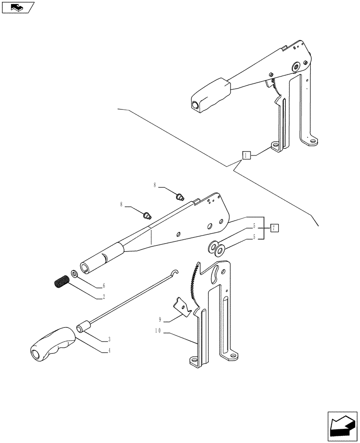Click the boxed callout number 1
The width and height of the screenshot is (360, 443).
click(247, 155)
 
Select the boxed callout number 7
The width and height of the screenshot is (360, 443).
click(274, 228)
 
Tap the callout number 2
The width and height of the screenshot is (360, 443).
click(104, 297)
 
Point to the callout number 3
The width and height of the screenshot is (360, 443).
click(109, 340)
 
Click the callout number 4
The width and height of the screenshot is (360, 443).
click(109, 351)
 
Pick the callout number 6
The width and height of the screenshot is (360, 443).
click(104, 286)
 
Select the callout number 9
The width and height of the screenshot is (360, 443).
click(160, 319)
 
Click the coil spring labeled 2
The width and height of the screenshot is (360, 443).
click(61, 282)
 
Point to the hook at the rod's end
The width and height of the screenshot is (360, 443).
click(176, 272)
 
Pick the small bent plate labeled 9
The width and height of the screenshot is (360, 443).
click(181, 306)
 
